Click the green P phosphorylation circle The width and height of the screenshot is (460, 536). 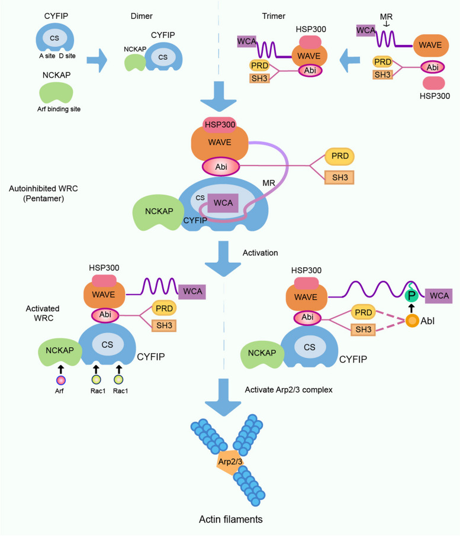tap(411, 296)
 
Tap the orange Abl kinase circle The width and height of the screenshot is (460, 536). tap(413, 321)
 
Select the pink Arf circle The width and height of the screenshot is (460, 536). tap(60, 380)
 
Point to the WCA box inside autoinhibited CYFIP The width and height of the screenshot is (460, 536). tap(223, 203)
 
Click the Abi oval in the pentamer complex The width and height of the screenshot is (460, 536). tap(221, 167)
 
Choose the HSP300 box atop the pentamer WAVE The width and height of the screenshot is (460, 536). tap(220, 125)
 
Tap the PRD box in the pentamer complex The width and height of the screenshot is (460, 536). tap(339, 156)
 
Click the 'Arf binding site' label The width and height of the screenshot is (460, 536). tap(59, 109)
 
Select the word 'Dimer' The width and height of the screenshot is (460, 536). tap(141, 16)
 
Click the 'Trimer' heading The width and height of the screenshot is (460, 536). tap(274, 16)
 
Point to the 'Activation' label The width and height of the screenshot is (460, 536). tap(260, 253)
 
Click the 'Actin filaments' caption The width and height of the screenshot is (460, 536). tap(231, 519)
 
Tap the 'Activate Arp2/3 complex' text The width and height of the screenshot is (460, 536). tap(289, 390)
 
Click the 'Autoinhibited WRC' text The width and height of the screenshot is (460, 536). tap(43, 188)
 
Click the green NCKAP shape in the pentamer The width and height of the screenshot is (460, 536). tap(158, 212)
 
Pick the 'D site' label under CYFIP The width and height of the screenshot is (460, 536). tap(67, 56)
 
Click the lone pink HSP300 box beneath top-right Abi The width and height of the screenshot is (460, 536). tap(434, 83)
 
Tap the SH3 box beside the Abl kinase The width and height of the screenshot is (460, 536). tap(364, 330)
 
